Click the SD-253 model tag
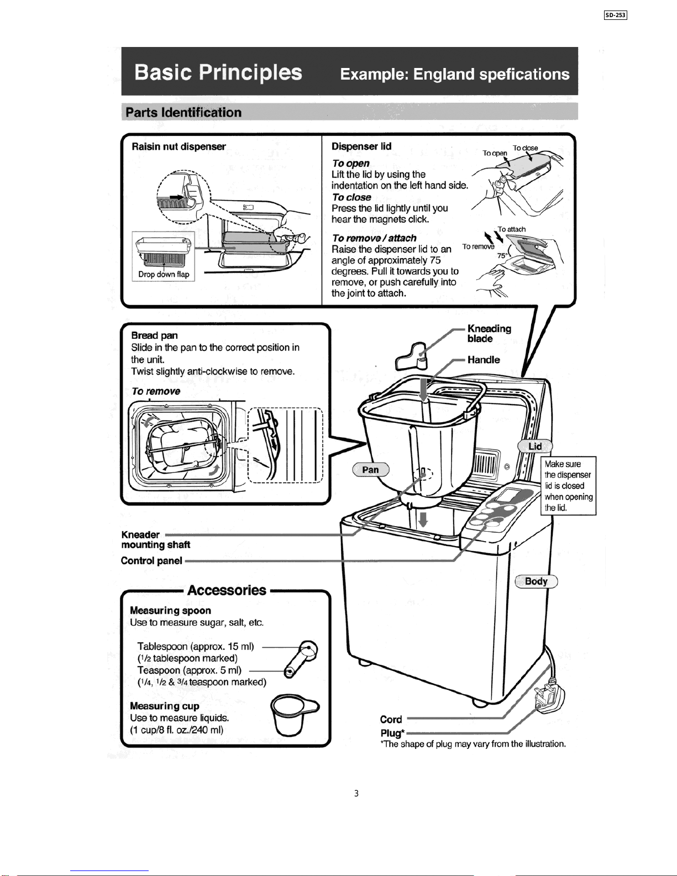615,15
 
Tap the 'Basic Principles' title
218,72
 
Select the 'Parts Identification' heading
183,112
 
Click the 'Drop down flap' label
164,274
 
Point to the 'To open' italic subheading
350,163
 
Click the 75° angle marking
502,255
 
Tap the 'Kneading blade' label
489,333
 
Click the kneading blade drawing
411,356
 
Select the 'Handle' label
484,360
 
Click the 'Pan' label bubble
371,470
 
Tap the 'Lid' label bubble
535,446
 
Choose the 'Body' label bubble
537,581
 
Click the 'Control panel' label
151,561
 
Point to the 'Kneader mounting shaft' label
155,539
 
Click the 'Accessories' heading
227,590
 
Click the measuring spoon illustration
301,659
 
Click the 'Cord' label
391,720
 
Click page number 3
356,793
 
